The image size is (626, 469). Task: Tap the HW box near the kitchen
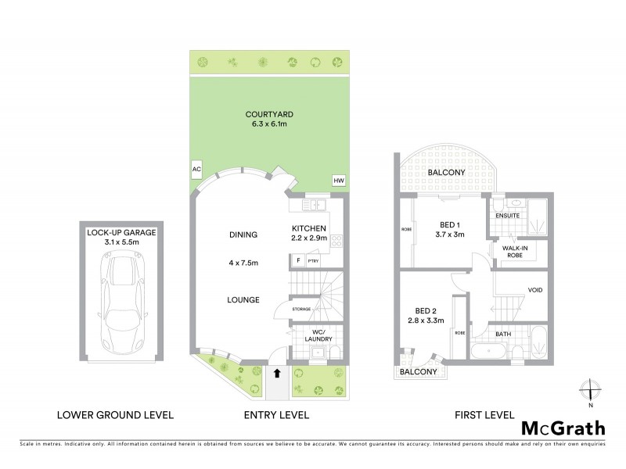[339, 181]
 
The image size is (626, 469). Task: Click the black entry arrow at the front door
[277, 374]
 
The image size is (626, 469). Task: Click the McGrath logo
[563, 428]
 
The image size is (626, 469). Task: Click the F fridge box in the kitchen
[298, 261]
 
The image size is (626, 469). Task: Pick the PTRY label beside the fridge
[312, 261]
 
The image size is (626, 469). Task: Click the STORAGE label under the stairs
[301, 310]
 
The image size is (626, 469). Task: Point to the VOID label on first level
[536, 290]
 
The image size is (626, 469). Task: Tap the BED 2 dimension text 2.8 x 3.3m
[425, 320]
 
